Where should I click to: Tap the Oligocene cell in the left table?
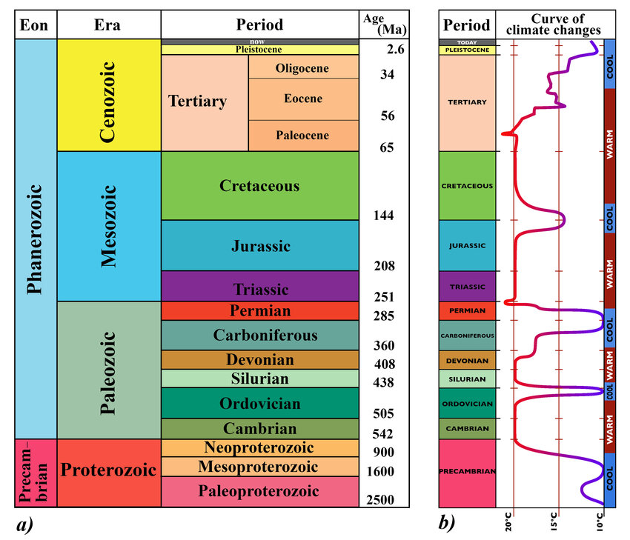302,68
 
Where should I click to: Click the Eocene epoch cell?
302,99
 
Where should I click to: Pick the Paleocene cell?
302,136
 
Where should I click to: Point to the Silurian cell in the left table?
259,378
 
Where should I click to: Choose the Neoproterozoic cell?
259,448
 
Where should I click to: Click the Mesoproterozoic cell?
259,467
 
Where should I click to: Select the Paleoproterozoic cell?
259,491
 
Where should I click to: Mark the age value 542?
382,434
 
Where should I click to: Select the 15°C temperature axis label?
554,523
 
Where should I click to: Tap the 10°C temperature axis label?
600,523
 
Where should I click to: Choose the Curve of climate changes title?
555,24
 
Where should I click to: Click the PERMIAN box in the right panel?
467,311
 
